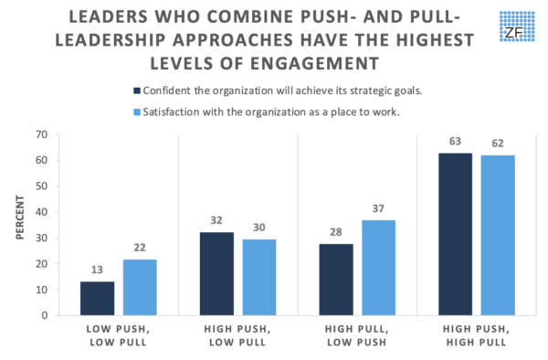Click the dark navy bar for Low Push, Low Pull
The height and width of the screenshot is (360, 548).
[98, 298]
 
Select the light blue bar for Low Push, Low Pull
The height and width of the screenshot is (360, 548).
[140, 287]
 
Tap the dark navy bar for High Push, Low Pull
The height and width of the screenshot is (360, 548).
[216, 273]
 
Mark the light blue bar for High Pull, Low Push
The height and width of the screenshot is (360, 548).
[378, 267]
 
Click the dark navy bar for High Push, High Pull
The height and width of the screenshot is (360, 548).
[455, 233]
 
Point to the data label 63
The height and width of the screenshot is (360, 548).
[455, 143]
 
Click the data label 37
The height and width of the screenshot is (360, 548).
[378, 209]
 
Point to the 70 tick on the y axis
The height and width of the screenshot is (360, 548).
[40, 134]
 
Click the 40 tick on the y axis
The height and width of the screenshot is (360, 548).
[40, 212]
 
